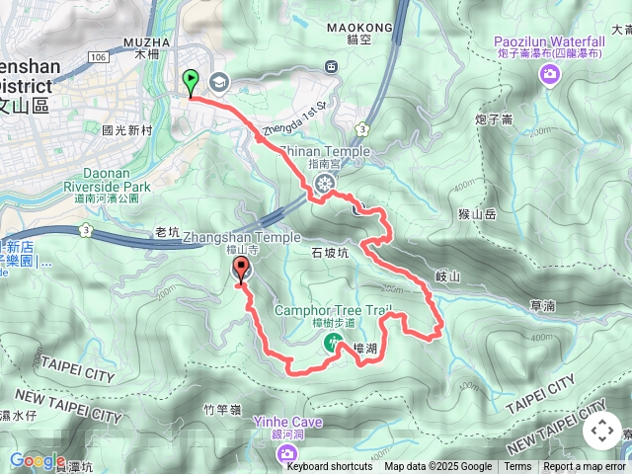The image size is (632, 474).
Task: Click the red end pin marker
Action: click(x=241, y=270)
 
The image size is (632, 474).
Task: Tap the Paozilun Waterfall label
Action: click(x=551, y=41)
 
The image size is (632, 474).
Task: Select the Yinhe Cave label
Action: click(x=287, y=422)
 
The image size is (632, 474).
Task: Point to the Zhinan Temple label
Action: click(x=325, y=152)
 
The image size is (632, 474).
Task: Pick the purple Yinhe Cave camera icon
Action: click(x=287, y=452)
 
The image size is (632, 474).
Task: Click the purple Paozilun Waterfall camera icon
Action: click(x=551, y=77)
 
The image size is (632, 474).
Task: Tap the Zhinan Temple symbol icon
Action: click(x=325, y=183)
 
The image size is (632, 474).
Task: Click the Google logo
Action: click(x=38, y=460)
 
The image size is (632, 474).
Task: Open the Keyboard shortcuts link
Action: click(x=330, y=467)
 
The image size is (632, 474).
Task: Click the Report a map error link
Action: click(x=585, y=467)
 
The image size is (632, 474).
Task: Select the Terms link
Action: click(x=517, y=467)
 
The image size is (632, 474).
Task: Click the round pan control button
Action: click(x=601, y=431)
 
